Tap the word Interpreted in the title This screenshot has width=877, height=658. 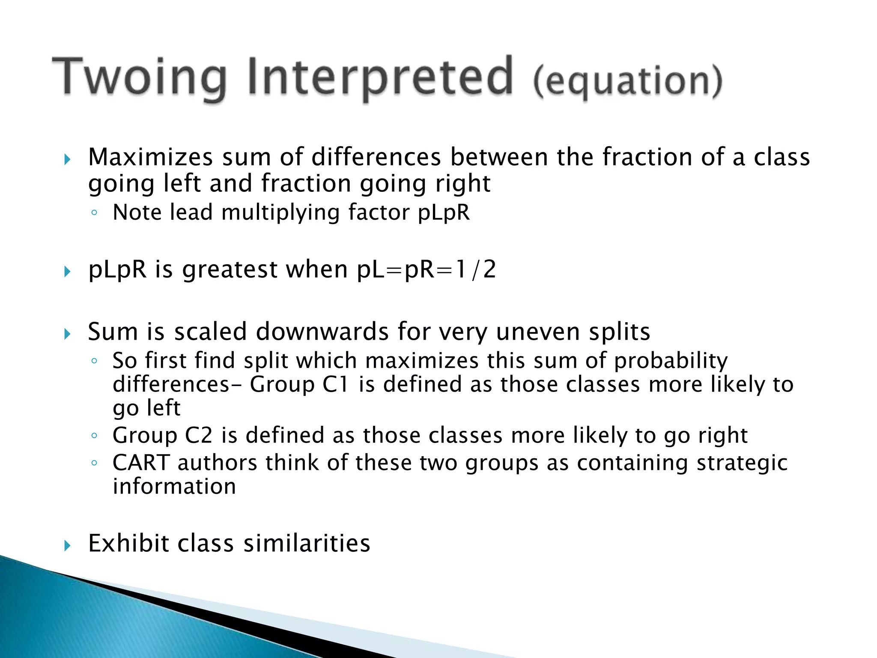tap(379, 77)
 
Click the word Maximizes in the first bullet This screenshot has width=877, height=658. tap(150, 157)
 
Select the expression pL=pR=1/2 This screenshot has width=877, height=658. tap(426, 270)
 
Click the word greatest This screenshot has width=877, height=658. tap(230, 270)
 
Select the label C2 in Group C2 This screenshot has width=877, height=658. tap(198, 436)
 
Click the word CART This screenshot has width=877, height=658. tap(141, 463)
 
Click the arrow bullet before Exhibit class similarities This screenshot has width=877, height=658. tap(67, 546)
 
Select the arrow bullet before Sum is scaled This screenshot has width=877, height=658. tap(67, 334)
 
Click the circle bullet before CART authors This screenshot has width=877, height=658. tap(94, 463)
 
